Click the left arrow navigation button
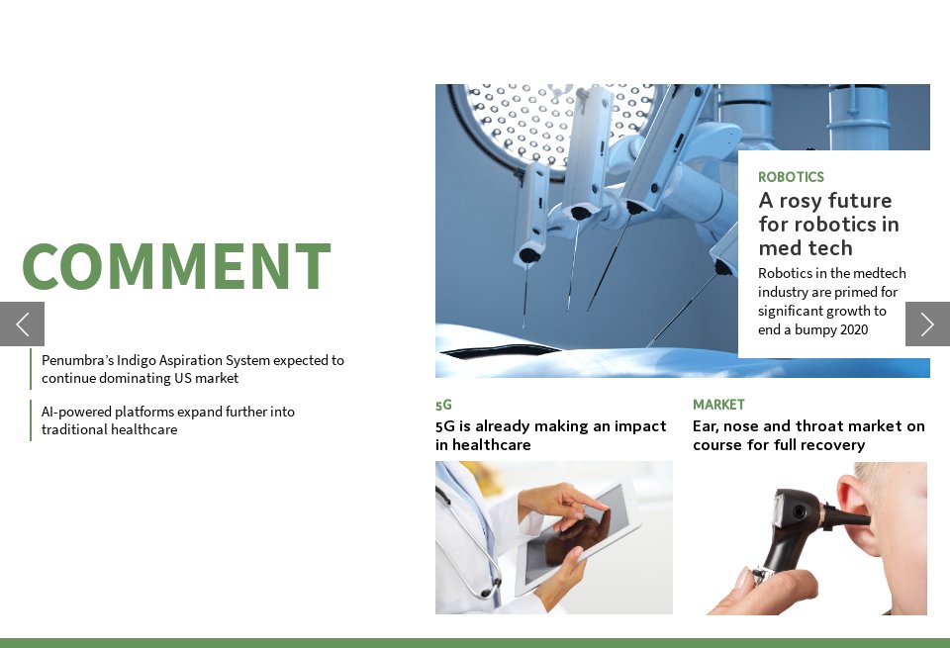(x=23, y=324)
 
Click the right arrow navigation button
(x=927, y=324)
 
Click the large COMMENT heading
(x=176, y=266)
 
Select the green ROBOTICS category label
(x=791, y=177)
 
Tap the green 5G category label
(x=443, y=405)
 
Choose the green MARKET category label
(x=718, y=405)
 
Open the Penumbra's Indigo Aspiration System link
(x=193, y=369)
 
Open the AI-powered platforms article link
(x=168, y=420)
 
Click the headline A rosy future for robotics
(x=828, y=224)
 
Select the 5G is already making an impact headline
(x=551, y=435)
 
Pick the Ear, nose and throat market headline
(x=808, y=435)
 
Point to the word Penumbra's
(x=77, y=360)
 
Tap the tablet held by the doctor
(x=576, y=535)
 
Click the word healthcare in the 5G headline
(x=492, y=445)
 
